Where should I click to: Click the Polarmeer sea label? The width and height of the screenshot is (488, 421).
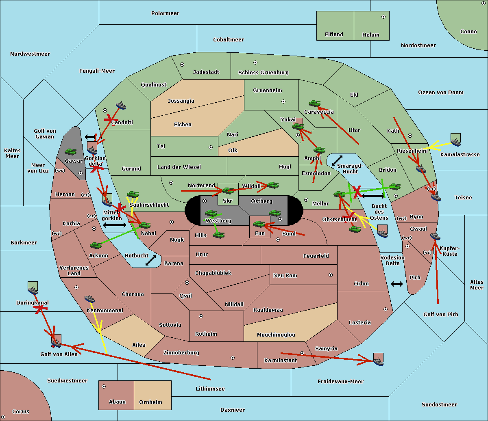(x=165, y=13)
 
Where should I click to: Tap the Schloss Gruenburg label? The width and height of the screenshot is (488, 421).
(x=264, y=72)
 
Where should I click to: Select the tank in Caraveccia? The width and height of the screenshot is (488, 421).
(x=314, y=103)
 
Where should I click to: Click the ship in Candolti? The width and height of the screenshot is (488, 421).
(x=121, y=105)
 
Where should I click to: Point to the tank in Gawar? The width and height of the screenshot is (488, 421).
(x=71, y=151)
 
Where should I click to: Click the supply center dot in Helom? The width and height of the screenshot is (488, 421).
(x=383, y=17)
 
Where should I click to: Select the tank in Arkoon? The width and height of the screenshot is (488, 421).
(x=96, y=245)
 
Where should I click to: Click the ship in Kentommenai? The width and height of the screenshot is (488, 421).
(x=89, y=298)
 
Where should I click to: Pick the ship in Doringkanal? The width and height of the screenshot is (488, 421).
(x=33, y=290)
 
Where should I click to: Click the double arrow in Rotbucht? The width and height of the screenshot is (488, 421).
(x=150, y=260)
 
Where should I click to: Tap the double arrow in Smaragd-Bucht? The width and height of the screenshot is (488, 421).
(x=337, y=160)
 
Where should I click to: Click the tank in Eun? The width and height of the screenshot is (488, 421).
(x=259, y=224)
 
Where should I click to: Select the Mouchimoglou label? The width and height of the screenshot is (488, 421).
(x=276, y=335)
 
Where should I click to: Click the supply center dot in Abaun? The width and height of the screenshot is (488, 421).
(x=104, y=386)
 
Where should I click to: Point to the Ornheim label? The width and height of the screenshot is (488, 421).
(x=150, y=402)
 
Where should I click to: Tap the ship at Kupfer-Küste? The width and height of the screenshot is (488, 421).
(x=435, y=236)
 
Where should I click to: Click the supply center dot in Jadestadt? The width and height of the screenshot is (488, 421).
(x=182, y=65)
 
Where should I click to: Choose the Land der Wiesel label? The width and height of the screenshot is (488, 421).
(x=179, y=167)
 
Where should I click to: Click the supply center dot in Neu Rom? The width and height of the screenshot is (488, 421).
(x=331, y=275)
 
